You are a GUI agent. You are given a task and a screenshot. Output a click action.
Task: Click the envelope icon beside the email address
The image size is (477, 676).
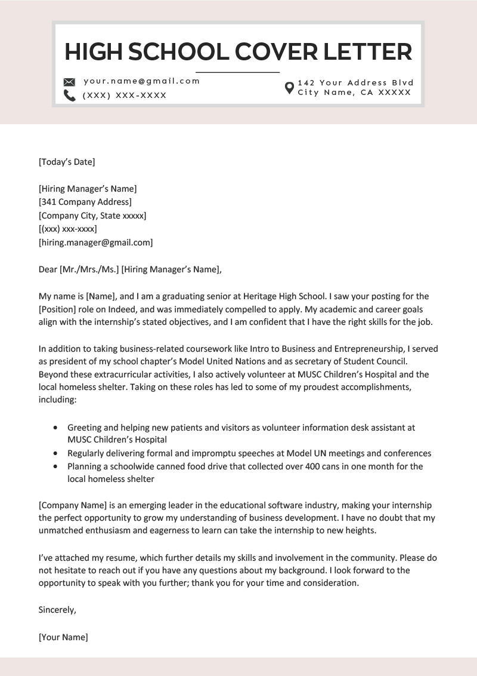tap(69, 82)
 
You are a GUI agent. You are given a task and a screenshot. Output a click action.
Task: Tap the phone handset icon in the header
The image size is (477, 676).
tap(69, 96)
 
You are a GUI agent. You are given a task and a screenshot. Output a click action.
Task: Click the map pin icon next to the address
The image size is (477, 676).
tap(289, 88)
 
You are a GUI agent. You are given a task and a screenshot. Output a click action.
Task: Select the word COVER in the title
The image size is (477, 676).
tap(275, 52)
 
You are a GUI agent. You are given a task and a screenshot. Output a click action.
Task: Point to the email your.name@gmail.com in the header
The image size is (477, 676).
tap(142, 81)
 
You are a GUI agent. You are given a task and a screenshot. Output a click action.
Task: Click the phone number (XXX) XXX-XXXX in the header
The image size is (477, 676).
tap(125, 96)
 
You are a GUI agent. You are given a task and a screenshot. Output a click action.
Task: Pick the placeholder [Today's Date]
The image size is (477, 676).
tap(67, 161)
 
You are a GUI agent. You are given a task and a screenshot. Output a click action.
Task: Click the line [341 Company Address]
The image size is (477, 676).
tap(85, 202)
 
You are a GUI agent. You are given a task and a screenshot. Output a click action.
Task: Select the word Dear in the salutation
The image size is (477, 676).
tap(48, 269)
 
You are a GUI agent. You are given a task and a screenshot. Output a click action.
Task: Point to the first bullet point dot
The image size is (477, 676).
tap(56, 428)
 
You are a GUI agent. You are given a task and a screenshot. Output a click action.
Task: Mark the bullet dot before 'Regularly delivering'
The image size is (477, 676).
tap(56, 453)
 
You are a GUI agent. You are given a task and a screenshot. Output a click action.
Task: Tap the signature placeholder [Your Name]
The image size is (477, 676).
tap(63, 637)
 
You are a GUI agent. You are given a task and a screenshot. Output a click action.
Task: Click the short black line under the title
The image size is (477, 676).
tap(237, 72)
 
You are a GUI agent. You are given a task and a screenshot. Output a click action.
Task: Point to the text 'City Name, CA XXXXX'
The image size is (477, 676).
tap(354, 93)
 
